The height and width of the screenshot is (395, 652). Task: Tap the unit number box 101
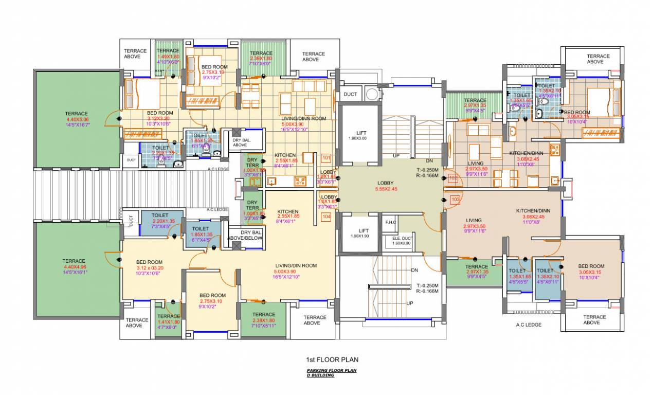point(326,158)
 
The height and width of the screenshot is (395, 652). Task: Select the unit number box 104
point(326,217)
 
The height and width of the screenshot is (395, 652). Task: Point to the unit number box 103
point(455,199)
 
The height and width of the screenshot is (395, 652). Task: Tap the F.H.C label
point(389,222)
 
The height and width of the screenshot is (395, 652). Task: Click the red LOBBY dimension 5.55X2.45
point(386,189)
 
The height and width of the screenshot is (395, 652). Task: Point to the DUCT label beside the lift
point(350,94)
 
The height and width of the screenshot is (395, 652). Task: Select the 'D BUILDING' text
point(320,375)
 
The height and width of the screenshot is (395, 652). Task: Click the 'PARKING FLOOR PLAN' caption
point(332,370)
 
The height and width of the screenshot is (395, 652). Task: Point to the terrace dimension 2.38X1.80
point(264,320)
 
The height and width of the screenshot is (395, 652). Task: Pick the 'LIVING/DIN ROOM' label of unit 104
point(295,265)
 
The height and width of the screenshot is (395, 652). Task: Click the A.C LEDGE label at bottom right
point(529,325)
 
